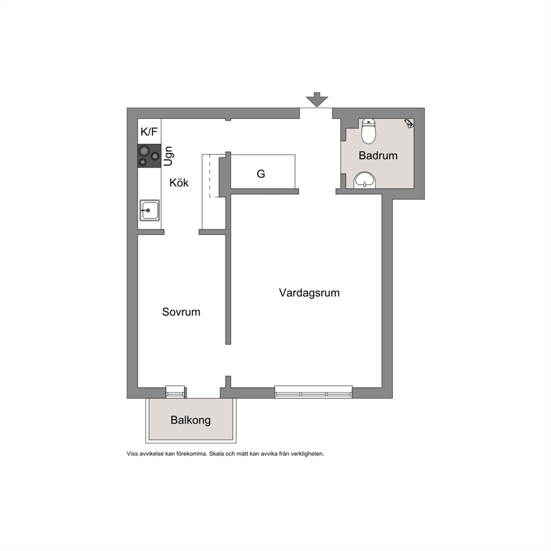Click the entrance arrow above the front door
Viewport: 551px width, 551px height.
317,99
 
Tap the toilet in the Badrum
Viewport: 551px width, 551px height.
368,131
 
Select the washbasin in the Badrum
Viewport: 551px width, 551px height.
364,181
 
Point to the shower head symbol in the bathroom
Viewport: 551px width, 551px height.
409,123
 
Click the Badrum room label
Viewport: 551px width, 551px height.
378,156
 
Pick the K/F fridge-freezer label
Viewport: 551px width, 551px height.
149,132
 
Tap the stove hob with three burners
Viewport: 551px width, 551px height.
149,156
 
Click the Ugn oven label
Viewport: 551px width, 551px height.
168,156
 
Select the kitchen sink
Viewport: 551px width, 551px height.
150,210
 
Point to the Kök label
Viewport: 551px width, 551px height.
179,183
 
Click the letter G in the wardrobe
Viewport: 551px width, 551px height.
261,174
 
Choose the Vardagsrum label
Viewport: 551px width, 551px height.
309,293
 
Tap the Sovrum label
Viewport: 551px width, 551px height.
181,312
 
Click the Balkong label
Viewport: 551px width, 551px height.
191,420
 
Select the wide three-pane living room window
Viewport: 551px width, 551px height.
313,392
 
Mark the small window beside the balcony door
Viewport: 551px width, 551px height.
176,392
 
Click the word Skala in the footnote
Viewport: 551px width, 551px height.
217,454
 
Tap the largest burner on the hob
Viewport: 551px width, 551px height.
144,152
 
